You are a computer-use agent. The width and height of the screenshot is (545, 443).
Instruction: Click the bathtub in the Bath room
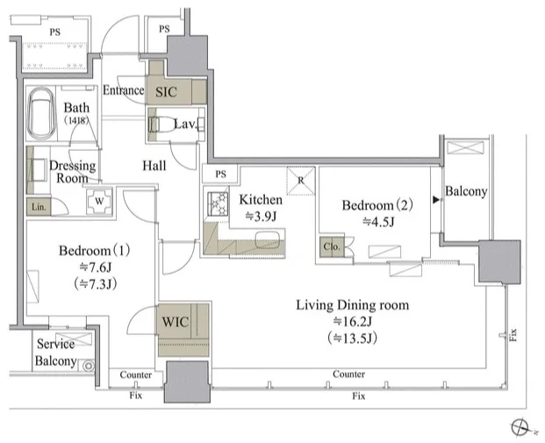pyautogui.click(x=42, y=112)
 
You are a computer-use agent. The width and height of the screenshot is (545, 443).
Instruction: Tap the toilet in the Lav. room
pyautogui.click(x=161, y=124)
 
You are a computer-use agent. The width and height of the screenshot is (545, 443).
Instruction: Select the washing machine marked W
pyautogui.click(x=99, y=201)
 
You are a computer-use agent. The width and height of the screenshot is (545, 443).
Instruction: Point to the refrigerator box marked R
pyautogui.click(x=301, y=181)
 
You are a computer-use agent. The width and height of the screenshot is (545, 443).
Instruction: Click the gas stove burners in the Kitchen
pyautogui.click(x=218, y=204)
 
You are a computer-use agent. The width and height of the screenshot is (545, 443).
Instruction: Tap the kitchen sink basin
pyautogui.click(x=268, y=239)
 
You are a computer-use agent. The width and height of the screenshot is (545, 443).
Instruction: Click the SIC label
pyautogui.click(x=166, y=92)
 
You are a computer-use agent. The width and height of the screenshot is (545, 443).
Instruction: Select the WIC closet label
pyautogui.click(x=176, y=322)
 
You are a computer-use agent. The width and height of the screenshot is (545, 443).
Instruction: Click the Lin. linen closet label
pyautogui.click(x=39, y=207)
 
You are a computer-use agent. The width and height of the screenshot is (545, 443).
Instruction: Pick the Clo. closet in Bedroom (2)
pyautogui.click(x=332, y=247)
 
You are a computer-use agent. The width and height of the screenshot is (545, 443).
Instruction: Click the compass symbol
pyautogui.click(x=520, y=426)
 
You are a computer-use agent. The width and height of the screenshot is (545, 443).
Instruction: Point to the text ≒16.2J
pyautogui.click(x=353, y=321)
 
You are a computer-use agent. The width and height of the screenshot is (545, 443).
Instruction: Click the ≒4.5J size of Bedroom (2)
pyautogui.click(x=378, y=221)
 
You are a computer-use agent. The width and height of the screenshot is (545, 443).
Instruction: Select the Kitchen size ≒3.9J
pyautogui.click(x=261, y=216)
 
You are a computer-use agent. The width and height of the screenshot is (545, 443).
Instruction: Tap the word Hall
pyautogui.click(x=154, y=166)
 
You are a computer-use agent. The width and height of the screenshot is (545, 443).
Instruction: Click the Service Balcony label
pyautogui.click(x=55, y=353)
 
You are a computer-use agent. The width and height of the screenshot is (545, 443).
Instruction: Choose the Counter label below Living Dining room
pyautogui.click(x=349, y=375)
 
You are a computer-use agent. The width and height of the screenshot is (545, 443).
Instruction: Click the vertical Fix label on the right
pyautogui.click(x=513, y=334)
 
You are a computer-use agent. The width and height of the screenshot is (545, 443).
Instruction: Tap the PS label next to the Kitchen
pyautogui.click(x=220, y=174)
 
